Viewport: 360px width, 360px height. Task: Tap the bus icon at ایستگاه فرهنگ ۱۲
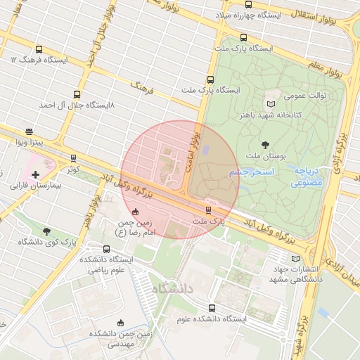(39, 50)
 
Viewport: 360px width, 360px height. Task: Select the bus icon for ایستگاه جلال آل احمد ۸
(77, 94)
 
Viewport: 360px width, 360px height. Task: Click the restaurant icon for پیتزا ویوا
(29, 131)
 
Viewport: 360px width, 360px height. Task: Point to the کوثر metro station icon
(74, 159)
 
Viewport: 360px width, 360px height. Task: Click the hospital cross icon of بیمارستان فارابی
(35, 174)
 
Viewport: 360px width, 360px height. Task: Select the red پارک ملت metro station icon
(208, 210)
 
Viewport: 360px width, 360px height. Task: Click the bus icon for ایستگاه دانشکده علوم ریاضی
(106, 249)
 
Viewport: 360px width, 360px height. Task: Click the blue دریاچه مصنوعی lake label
(307, 176)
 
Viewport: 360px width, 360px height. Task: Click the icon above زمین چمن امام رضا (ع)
(135, 212)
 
